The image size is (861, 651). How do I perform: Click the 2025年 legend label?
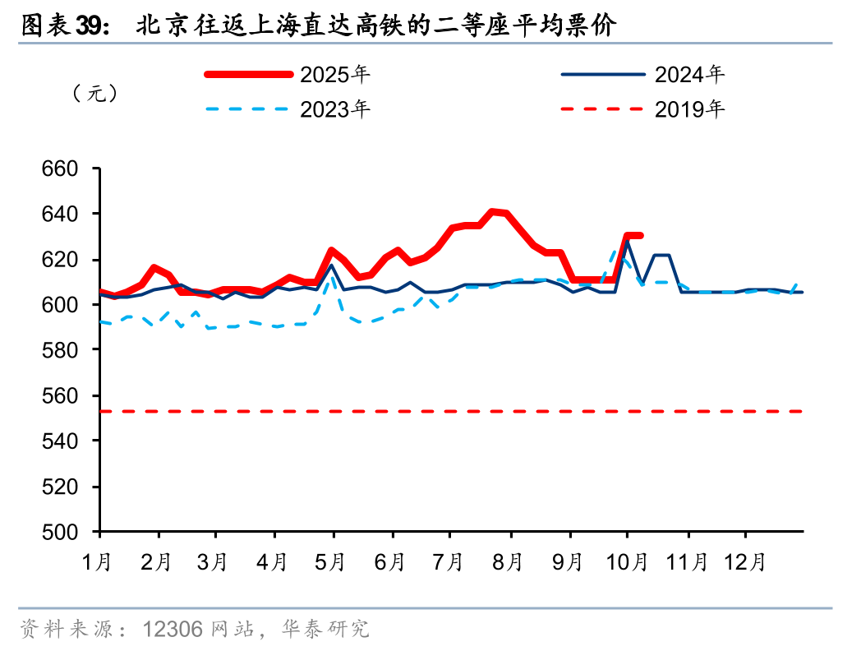pyautogui.click(x=335, y=75)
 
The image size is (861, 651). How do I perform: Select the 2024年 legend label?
pyautogui.click(x=690, y=75)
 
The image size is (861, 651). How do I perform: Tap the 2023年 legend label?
pyautogui.click(x=335, y=108)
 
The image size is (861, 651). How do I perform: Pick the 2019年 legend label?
pyautogui.click(x=690, y=108)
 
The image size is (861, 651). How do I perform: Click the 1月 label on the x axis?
pyautogui.click(x=98, y=563)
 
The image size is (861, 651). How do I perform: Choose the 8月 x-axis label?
pyautogui.click(x=509, y=563)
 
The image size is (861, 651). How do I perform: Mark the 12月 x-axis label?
pyautogui.click(x=745, y=563)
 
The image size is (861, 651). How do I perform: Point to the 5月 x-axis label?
pyautogui.click(x=332, y=563)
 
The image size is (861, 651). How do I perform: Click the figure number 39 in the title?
pyautogui.click(x=91, y=26)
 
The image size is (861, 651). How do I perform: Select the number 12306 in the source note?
pyautogui.click(x=173, y=630)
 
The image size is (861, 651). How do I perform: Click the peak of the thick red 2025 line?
pyautogui.click(x=494, y=212)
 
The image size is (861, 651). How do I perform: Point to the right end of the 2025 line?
pyautogui.click(x=640, y=236)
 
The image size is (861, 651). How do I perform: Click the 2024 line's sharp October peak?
pyautogui.click(x=628, y=241)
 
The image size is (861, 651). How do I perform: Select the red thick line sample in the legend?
pyautogui.click(x=249, y=75)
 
